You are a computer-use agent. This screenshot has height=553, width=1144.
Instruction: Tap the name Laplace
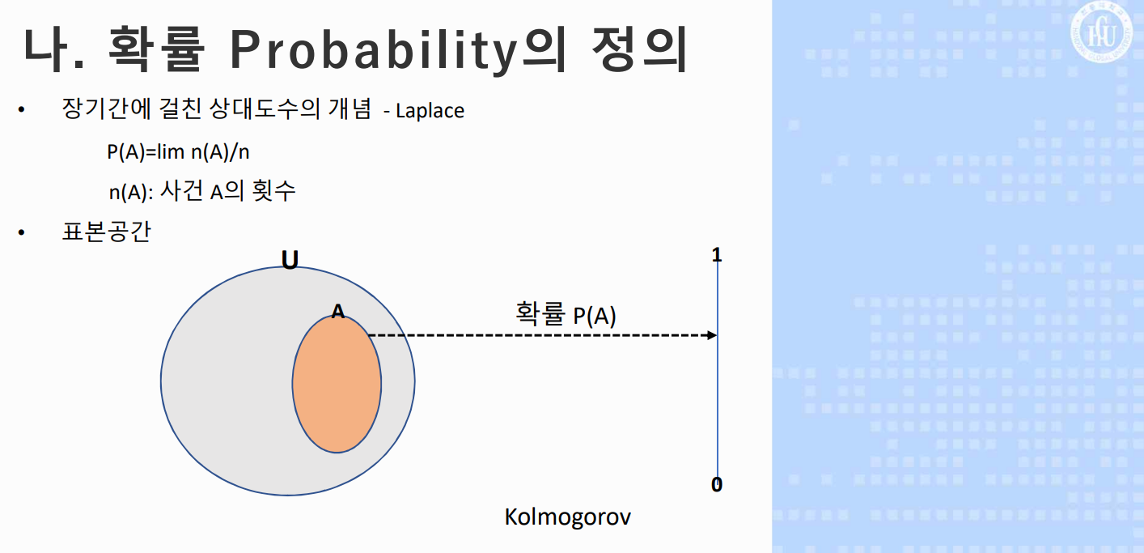tap(430, 111)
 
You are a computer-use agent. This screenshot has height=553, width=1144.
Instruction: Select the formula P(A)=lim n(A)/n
tap(178, 151)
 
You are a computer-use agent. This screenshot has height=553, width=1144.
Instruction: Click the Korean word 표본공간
tap(106, 231)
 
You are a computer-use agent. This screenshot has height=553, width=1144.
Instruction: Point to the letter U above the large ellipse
tap(290, 260)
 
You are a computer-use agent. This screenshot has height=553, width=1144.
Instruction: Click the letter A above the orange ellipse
tap(337, 311)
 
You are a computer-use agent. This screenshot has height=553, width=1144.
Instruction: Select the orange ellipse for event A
tap(337, 384)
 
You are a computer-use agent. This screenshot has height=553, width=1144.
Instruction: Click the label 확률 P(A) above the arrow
tap(566, 314)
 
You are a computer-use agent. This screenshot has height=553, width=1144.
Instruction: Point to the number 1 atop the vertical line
tap(717, 255)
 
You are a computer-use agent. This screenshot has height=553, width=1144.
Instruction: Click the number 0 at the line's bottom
tap(717, 484)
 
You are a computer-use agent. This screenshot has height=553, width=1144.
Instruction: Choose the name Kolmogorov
tap(567, 517)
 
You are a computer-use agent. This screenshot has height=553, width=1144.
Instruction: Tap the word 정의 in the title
tap(639, 49)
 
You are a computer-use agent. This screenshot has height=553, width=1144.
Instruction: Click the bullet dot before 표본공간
tap(21, 232)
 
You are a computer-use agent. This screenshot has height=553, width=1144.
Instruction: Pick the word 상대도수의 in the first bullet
tap(265, 108)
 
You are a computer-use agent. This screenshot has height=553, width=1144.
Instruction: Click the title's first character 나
tap(45, 49)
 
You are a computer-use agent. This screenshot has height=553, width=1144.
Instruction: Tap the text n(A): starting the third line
tap(131, 192)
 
